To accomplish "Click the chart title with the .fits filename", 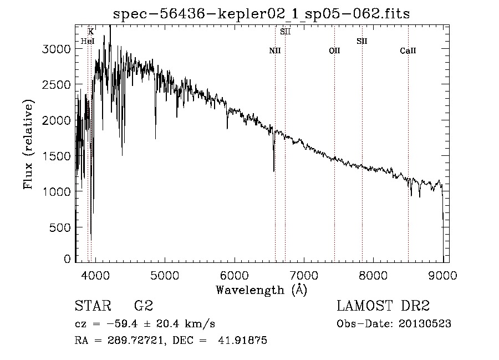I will click(261, 14).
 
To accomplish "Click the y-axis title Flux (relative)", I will click(28, 144).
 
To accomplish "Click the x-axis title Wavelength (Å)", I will click(261, 290).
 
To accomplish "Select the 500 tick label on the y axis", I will click(60, 227).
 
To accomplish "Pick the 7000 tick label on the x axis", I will click(304, 275).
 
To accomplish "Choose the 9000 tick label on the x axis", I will click(443, 275).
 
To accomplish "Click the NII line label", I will click(275, 51).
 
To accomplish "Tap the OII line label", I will click(334, 51).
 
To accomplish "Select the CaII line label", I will click(408, 51).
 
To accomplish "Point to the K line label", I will click(91, 32).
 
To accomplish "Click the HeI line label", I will click(88, 41).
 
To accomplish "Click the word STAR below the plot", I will click(90, 306).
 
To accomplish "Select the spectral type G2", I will click(143, 306).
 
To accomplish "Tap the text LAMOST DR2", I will click(383, 306).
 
